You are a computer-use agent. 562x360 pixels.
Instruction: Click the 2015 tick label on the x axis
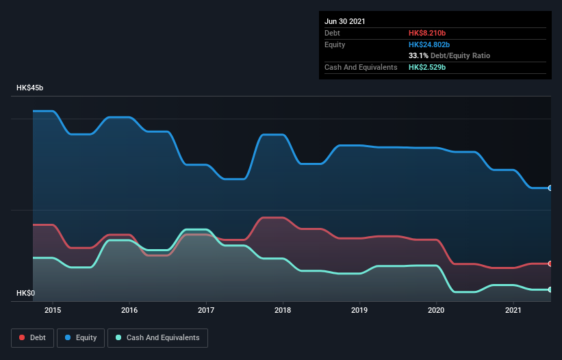coord(53,310)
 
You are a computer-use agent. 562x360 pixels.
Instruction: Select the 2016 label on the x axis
coord(129,310)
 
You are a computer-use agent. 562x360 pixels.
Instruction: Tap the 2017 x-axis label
coord(206,310)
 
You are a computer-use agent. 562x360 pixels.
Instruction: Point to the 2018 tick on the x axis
coord(283,310)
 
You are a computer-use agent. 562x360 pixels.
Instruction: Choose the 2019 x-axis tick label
coord(359,310)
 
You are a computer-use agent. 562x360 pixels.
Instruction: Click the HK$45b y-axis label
coord(31,88)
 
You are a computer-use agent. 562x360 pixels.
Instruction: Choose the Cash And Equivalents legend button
coord(157,337)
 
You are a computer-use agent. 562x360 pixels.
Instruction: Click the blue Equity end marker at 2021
coord(550,188)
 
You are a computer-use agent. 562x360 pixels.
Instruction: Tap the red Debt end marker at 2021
coord(550,263)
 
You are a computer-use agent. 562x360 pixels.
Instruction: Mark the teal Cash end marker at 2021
coord(550,290)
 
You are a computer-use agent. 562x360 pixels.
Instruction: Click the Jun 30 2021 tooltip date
coord(345,21)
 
